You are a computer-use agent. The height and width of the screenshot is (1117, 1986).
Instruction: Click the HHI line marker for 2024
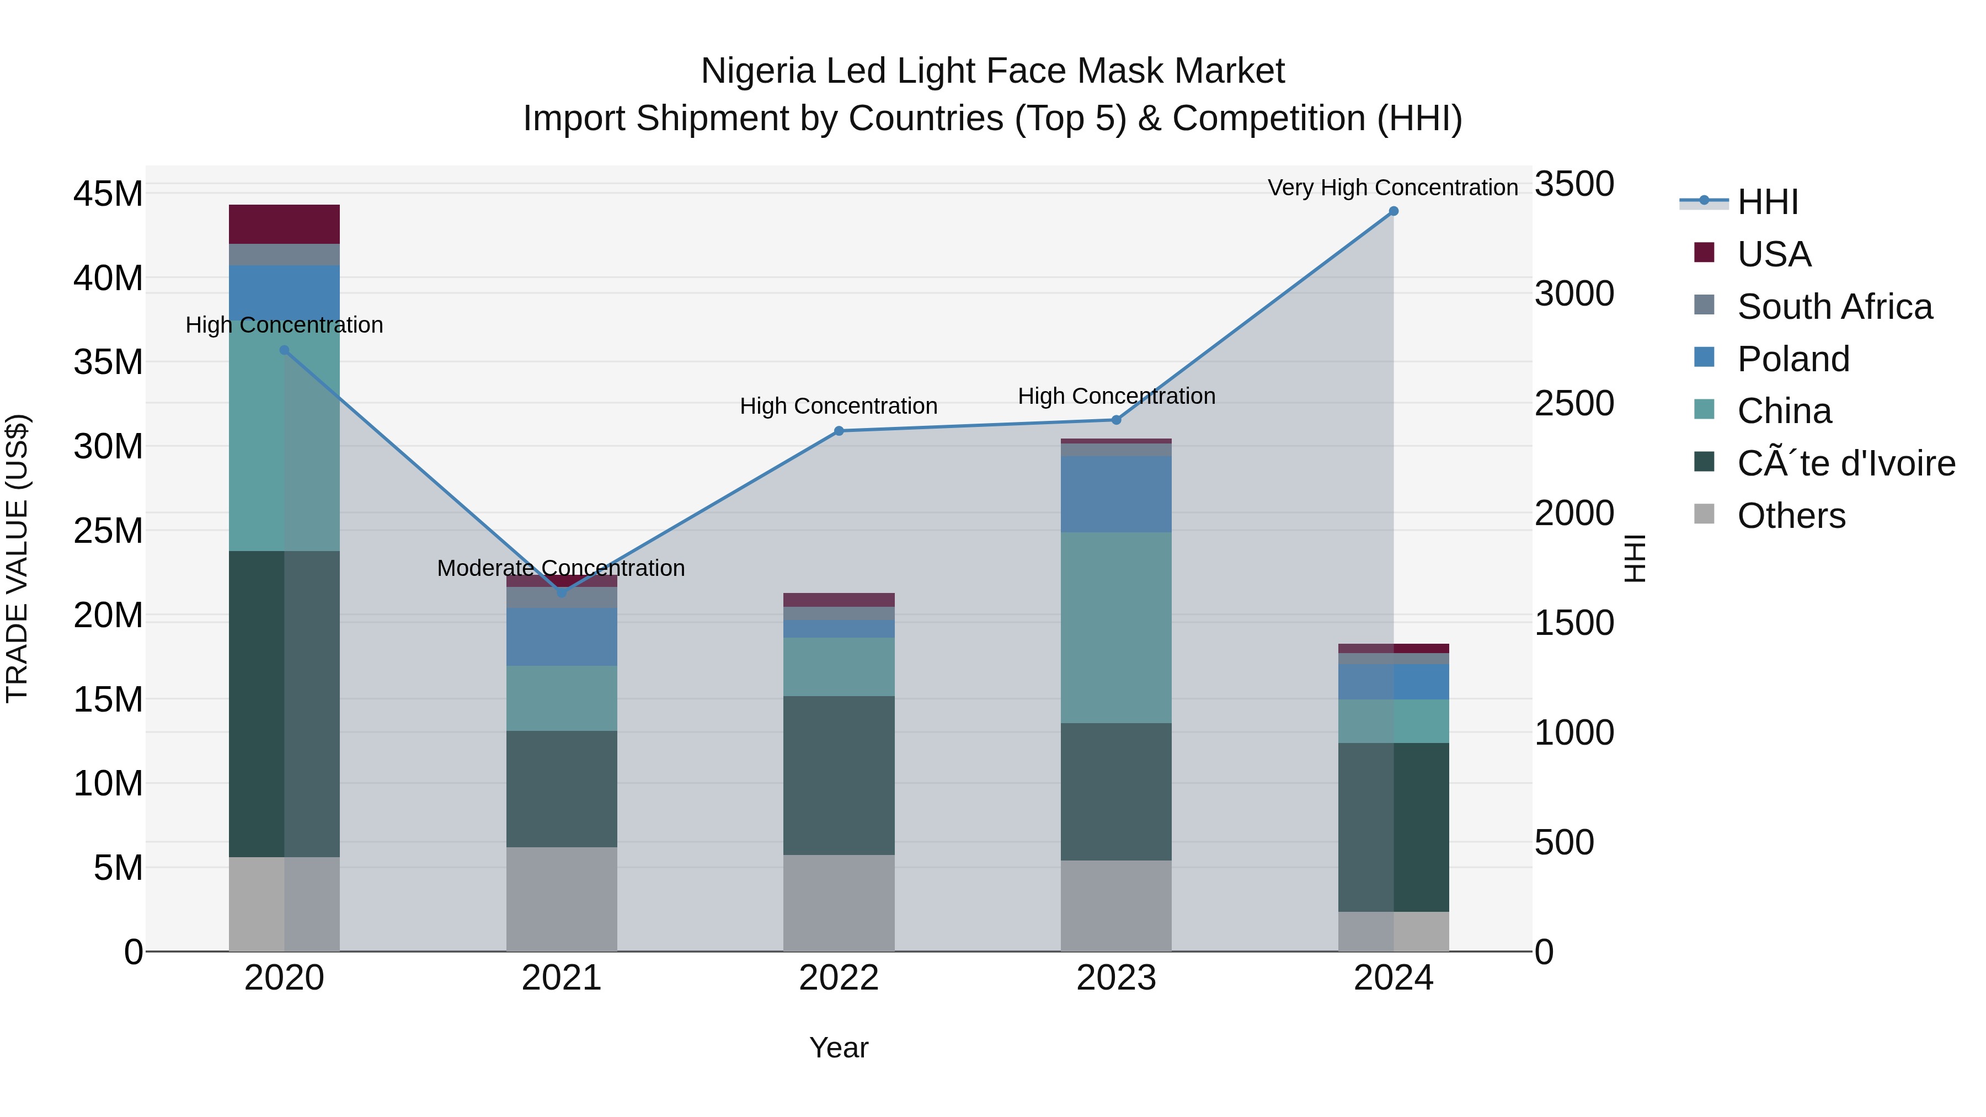[x=1393, y=211]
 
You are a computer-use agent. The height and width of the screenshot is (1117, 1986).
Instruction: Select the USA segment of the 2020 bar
[x=285, y=225]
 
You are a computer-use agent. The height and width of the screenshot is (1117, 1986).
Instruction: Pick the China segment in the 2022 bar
[x=839, y=667]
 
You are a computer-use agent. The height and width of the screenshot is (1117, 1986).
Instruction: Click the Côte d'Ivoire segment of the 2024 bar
[x=1393, y=827]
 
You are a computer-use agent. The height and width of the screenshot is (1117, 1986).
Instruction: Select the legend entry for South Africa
[x=1835, y=307]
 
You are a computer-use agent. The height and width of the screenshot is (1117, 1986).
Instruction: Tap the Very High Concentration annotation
[x=1392, y=188]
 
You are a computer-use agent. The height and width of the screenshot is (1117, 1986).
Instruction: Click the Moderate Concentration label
[x=560, y=568]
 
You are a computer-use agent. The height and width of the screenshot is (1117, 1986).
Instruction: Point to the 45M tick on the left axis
[x=108, y=194]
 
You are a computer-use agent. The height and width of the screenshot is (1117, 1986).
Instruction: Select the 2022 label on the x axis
[x=839, y=978]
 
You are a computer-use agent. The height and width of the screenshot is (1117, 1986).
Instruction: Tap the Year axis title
[x=839, y=1047]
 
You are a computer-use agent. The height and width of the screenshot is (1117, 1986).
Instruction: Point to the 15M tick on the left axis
[x=108, y=699]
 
